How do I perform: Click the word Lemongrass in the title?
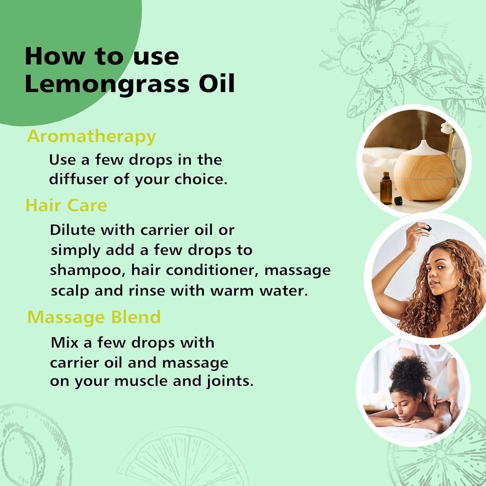pyautogui.click(x=107, y=84)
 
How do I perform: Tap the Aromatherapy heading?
pyautogui.click(x=91, y=136)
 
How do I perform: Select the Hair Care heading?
pyautogui.click(x=66, y=205)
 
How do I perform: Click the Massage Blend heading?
pyautogui.click(x=94, y=317)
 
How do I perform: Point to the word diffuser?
pyautogui.click(x=78, y=179)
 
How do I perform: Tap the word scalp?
pyautogui.click(x=70, y=291)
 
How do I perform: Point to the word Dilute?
pyautogui.click(x=72, y=230)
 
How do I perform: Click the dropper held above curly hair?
pyautogui.click(x=426, y=229)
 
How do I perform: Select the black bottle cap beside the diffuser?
pyautogui.click(x=398, y=200)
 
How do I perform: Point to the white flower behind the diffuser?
pyautogui.click(x=447, y=128)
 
